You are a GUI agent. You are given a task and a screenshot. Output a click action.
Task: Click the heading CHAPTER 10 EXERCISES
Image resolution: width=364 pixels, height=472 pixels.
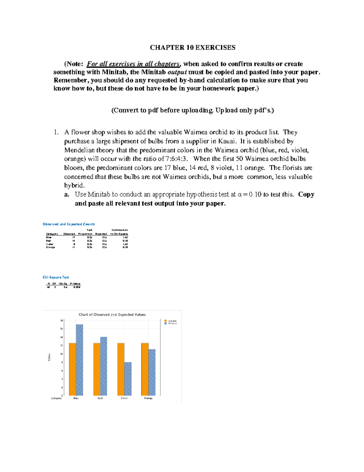point(193,47)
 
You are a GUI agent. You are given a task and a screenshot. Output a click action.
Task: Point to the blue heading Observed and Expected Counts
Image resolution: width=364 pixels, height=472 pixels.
point(69,224)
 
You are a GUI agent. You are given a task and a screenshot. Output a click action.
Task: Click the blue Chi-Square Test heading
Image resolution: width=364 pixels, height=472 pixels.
point(56,277)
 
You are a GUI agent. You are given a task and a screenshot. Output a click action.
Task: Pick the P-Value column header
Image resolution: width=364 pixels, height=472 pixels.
point(75,284)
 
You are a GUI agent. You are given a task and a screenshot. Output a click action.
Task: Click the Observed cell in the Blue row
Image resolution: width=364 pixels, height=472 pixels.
point(73,237)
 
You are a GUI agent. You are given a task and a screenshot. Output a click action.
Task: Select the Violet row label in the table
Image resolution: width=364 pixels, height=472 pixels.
point(49,244)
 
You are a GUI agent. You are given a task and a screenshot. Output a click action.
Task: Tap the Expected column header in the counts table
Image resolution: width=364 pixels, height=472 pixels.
point(101,234)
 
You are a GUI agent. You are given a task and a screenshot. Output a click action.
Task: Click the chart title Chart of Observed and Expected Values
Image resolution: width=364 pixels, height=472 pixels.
point(112,315)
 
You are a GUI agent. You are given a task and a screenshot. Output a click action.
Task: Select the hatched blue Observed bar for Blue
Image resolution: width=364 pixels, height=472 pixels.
point(79,360)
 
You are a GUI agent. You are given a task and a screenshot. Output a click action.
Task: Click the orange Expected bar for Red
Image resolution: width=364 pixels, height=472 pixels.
point(96,369)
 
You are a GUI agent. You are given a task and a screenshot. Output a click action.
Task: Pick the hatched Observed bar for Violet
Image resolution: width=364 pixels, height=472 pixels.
point(128,379)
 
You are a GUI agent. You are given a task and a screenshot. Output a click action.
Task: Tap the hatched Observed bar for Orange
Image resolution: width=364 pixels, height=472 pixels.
point(152,372)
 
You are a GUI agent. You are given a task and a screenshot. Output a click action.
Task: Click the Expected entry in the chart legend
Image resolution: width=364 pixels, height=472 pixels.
point(172,321)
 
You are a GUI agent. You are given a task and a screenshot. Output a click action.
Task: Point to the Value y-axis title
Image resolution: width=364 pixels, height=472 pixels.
point(49,357)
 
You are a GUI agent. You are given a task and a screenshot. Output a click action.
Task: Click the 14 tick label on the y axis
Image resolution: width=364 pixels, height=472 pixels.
point(61,337)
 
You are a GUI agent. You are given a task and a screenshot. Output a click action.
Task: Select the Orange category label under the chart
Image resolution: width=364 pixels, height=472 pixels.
point(148,398)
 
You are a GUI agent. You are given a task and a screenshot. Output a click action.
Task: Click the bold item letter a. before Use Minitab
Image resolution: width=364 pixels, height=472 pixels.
point(67,195)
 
